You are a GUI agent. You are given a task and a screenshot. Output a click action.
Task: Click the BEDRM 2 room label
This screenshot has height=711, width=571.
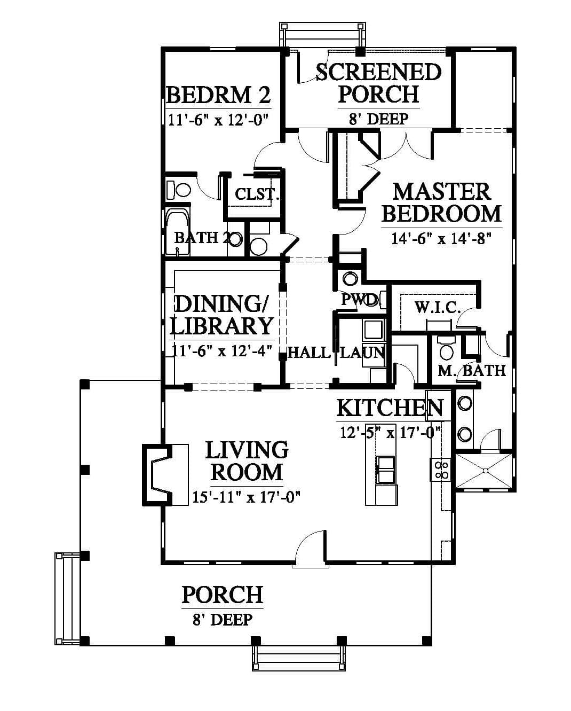click(218, 96)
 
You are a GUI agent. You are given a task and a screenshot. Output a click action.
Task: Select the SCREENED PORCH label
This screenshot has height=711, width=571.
click(378, 83)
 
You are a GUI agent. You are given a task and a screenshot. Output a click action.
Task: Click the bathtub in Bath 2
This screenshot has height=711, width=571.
click(177, 232)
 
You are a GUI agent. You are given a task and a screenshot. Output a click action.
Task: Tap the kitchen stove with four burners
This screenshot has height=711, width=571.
click(440, 470)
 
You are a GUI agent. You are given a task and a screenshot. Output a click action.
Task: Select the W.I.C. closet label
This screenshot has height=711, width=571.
click(438, 308)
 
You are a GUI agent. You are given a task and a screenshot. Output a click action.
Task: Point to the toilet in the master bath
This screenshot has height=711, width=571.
click(446, 349)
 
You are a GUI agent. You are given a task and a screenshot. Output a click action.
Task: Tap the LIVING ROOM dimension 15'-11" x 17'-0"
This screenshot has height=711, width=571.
click(246, 497)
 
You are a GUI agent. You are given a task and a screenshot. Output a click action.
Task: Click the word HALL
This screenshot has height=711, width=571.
click(309, 353)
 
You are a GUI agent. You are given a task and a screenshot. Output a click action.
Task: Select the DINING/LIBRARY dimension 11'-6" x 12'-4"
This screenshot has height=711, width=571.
click(222, 350)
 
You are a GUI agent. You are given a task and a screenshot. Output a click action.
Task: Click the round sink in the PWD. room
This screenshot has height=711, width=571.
click(350, 278)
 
